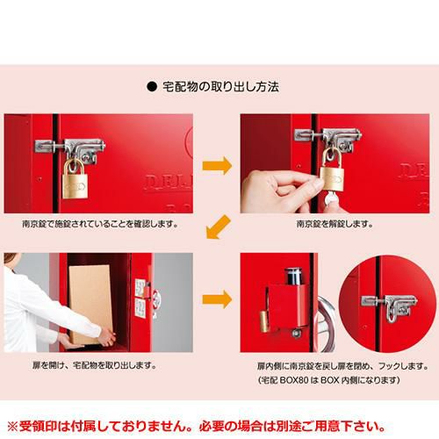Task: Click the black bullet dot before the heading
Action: click(152, 87)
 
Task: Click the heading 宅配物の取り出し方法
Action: click(220, 87)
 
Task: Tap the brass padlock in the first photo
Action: click(75, 178)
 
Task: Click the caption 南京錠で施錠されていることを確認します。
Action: click(100, 224)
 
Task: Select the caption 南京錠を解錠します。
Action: click(335, 224)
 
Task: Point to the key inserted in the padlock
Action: click(330, 198)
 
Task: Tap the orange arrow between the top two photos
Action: click(217, 166)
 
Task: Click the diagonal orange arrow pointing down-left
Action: click(218, 227)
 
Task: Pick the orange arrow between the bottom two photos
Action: click(217, 299)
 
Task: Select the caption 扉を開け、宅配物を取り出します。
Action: click(95, 365)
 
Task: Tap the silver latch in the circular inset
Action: click(390, 306)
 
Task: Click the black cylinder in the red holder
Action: click(292, 276)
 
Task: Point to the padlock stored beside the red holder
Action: click(266, 321)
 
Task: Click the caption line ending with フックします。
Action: click(342, 366)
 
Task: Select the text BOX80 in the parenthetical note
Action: click(294, 380)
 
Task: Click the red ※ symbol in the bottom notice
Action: click(12, 426)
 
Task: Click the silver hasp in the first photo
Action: click(70, 148)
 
